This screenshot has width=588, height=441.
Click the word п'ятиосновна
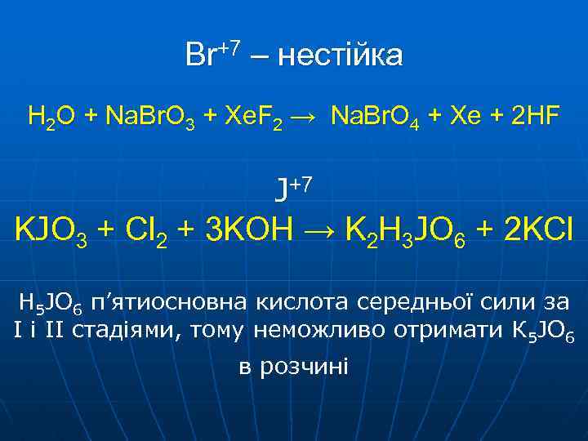pyautogui.click(x=158, y=303)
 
